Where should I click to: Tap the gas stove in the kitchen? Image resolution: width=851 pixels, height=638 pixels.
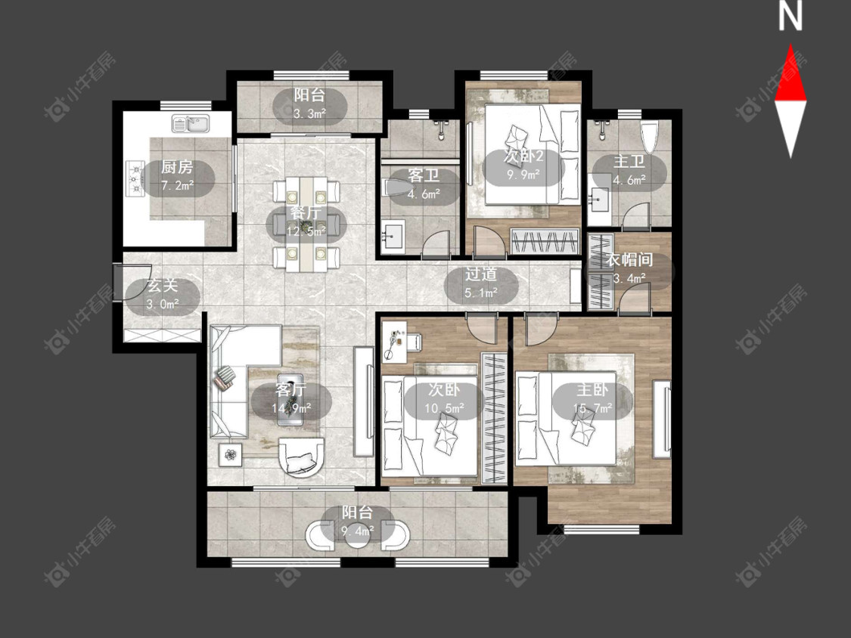(135, 178)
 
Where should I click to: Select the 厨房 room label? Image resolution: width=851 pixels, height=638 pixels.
(177, 167)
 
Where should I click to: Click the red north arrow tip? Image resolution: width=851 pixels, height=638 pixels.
(790, 45)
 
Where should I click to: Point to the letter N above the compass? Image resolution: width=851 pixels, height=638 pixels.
(790, 17)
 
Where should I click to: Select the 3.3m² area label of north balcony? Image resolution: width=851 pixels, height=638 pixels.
(309, 113)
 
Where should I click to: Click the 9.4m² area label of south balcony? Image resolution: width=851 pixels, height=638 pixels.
(357, 531)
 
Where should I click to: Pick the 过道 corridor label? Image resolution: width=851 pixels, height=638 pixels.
(481, 274)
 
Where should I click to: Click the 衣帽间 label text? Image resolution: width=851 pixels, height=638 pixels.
(629, 259)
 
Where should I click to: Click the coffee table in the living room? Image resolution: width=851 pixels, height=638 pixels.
(290, 400)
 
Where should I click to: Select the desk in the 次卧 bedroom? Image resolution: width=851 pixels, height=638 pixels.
(402, 342)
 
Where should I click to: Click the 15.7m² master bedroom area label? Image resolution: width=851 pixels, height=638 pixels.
(592, 408)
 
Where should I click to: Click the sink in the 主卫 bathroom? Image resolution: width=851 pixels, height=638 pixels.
(598, 200)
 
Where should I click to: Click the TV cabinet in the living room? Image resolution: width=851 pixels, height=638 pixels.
(364, 401)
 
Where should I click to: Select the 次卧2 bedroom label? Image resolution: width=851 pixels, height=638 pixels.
(523, 156)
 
